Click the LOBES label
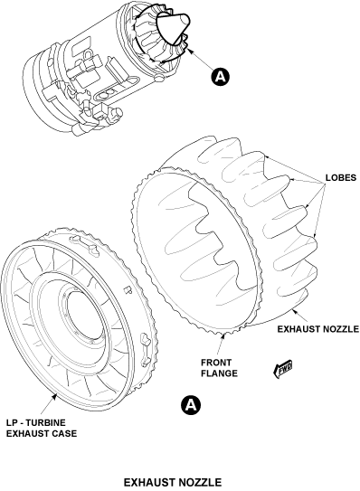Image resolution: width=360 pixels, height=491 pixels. coord(341,177)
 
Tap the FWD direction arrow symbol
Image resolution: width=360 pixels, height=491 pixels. coord(283,369)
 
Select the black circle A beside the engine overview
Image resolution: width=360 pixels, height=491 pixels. coord(221,76)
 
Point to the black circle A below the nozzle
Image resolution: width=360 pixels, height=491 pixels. coord(191,404)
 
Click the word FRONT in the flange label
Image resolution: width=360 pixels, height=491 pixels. coord(216,363)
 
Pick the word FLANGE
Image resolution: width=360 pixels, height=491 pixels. coord(219,373)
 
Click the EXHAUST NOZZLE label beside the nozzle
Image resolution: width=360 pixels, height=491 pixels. coord(318,329)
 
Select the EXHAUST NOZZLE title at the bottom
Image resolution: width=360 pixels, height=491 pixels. coord(173,482)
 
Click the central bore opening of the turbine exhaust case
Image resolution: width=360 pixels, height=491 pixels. coord(85,316)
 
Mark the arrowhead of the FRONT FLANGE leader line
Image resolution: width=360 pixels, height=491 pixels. coord(223,336)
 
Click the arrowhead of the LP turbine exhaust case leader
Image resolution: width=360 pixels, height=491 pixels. coord(55,396)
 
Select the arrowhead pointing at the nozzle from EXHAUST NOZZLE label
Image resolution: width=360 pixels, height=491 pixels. coord(293,310)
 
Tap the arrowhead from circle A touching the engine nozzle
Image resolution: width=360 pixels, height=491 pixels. coord(190,51)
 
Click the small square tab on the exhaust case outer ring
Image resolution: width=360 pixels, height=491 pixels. coord(127,289)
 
